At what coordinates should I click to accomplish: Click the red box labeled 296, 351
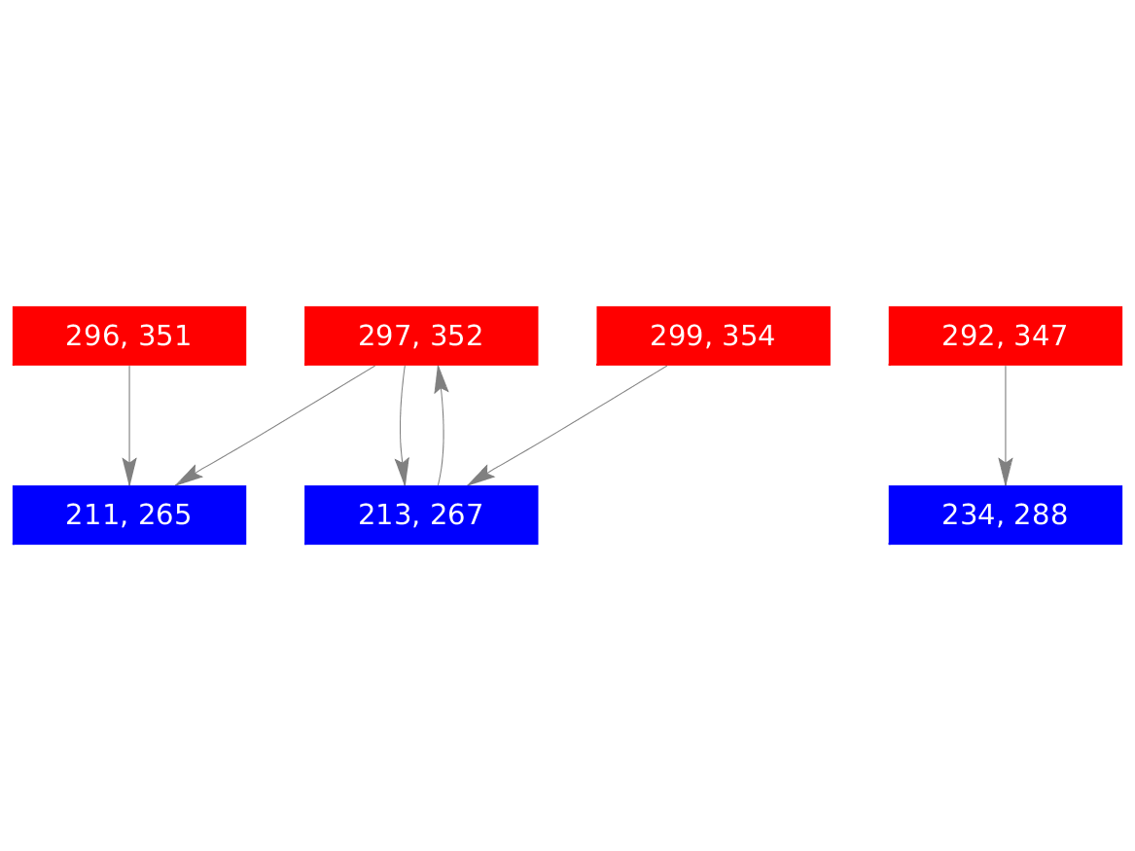tap(129, 336)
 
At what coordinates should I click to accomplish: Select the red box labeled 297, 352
tap(421, 336)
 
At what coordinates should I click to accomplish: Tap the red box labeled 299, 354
tap(713, 336)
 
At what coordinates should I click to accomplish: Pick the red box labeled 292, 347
tap(1006, 336)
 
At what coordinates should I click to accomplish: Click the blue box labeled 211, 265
tap(129, 515)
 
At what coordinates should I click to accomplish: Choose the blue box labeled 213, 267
tap(421, 515)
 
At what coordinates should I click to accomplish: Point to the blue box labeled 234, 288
tap(1006, 515)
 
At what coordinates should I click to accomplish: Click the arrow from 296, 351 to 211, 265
tap(129, 426)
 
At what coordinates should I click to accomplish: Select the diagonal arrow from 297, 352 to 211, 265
tap(275, 426)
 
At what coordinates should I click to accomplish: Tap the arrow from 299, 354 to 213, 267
tap(567, 426)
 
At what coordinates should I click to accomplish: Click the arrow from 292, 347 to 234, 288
tap(1006, 426)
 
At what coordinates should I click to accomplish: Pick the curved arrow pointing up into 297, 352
tap(443, 426)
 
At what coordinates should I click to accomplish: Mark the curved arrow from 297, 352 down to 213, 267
tap(402, 426)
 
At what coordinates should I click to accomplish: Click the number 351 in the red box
tap(164, 336)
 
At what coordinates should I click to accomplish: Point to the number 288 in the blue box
tap(1041, 515)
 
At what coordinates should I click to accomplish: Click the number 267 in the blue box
tap(457, 515)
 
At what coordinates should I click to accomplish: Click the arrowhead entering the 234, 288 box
tap(1006, 472)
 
